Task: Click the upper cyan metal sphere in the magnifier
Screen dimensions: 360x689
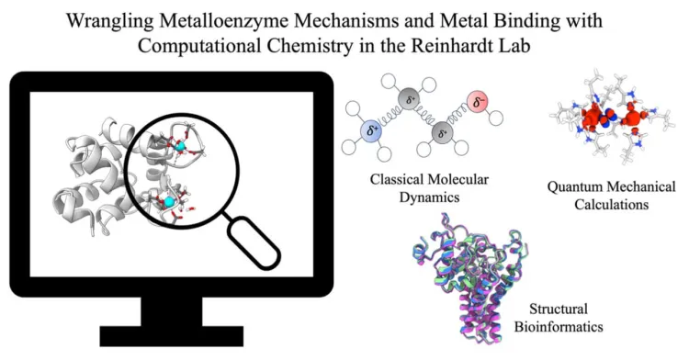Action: pos(181,147)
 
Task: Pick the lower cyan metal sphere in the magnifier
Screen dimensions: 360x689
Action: pos(169,201)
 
